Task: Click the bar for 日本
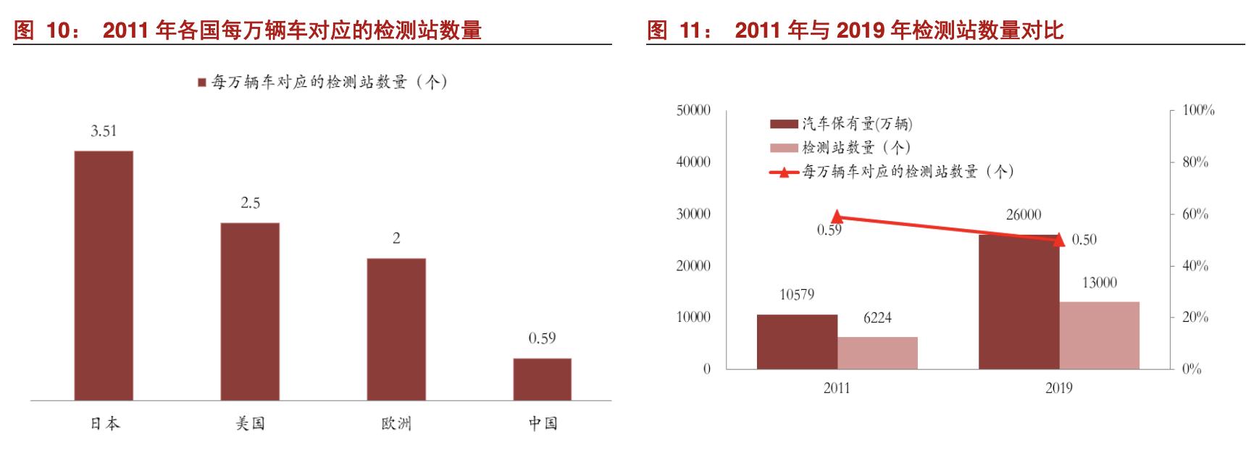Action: pyautogui.click(x=104, y=275)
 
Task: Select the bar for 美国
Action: pyautogui.click(x=250, y=311)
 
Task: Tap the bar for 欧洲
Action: pyautogui.click(x=396, y=329)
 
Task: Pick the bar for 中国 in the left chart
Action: pyautogui.click(x=542, y=379)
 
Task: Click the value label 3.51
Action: pyautogui.click(x=104, y=131)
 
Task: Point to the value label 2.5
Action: pyautogui.click(x=250, y=203)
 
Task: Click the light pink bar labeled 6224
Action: pyautogui.click(x=877, y=353)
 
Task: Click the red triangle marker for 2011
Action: pyautogui.click(x=837, y=217)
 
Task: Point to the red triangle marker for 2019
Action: pyautogui.click(x=1058, y=239)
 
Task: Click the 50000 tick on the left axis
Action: pyautogui.click(x=693, y=110)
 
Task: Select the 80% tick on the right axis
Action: pyautogui.click(x=1195, y=162)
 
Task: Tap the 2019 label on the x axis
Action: pyautogui.click(x=1058, y=388)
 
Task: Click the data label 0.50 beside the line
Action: pyautogui.click(x=1084, y=240)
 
